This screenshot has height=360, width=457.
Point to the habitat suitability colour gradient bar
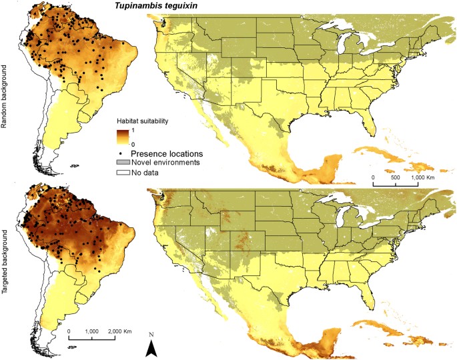pos(121,137)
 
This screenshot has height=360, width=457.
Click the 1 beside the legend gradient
pos(133,131)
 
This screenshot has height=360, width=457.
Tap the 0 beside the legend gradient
pos(133,143)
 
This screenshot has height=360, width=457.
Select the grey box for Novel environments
pos(121,162)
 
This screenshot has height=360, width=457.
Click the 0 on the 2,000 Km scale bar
pos(69,331)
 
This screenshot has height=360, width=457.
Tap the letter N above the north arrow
pos(152,334)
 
